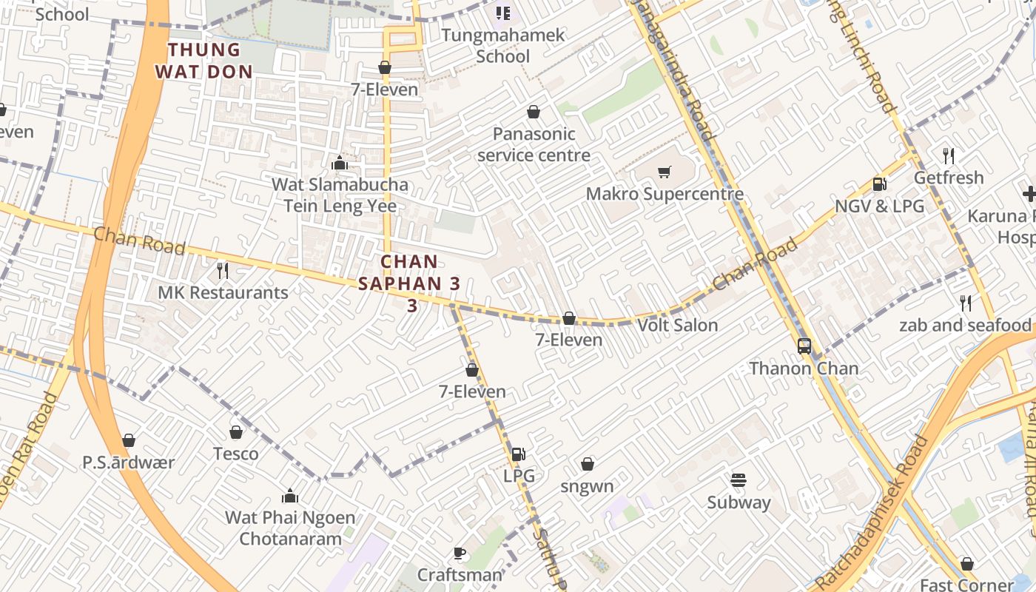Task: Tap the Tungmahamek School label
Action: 503,45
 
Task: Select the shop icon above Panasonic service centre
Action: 533,112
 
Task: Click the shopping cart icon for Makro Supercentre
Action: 664,172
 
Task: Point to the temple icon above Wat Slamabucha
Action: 340,163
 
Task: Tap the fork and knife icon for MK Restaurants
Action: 222,271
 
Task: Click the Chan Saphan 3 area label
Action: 410,283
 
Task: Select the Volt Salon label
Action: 677,325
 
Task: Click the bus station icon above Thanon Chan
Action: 804,346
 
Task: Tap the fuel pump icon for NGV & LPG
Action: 879,184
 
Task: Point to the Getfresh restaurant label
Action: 949,178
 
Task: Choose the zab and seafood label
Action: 965,325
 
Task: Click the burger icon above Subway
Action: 738,480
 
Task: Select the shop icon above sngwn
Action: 587,464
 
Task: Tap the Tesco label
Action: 236,454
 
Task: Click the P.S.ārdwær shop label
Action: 129,462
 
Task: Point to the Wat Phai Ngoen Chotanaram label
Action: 290,528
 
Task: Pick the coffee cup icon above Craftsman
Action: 459,553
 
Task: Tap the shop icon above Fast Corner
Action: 966,564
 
